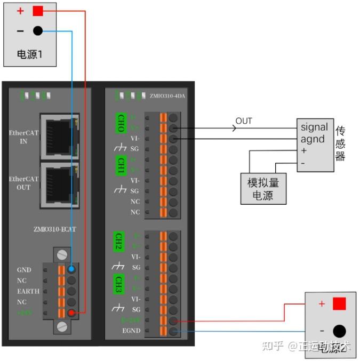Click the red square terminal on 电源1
click(37, 11)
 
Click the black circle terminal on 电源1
click(37, 31)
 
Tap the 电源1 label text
click(29, 54)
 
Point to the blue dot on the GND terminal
click(71, 270)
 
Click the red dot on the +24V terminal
click(71, 312)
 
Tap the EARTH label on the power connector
click(28, 291)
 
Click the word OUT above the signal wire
click(243, 121)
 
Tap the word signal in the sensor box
click(314, 127)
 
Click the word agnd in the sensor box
click(312, 139)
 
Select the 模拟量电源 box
click(263, 188)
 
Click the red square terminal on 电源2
click(339, 304)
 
